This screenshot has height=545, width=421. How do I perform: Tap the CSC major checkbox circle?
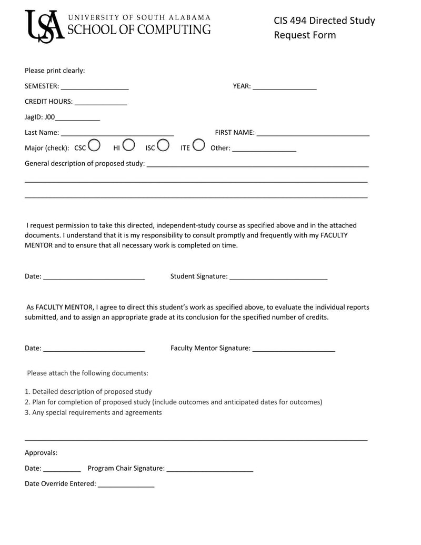pyautogui.click(x=94, y=144)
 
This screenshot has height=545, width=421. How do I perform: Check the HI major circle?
pyautogui.click(x=128, y=144)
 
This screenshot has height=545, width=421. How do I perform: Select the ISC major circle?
pyautogui.click(x=163, y=144)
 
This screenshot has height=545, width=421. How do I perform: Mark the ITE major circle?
pyautogui.click(x=198, y=144)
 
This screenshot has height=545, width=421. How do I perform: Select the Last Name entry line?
pyautogui.click(x=117, y=133)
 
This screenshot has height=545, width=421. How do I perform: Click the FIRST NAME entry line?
pyautogui.click(x=313, y=133)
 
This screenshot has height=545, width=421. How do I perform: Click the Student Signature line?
pyautogui.click(x=278, y=277)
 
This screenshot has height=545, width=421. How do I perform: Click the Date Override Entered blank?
pyautogui.click(x=126, y=484)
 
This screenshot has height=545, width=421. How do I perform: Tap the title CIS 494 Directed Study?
pyautogui.click(x=324, y=21)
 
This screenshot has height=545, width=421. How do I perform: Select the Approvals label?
pyautogui.click(x=41, y=453)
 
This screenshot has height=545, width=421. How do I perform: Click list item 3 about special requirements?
pyautogui.click(x=93, y=413)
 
